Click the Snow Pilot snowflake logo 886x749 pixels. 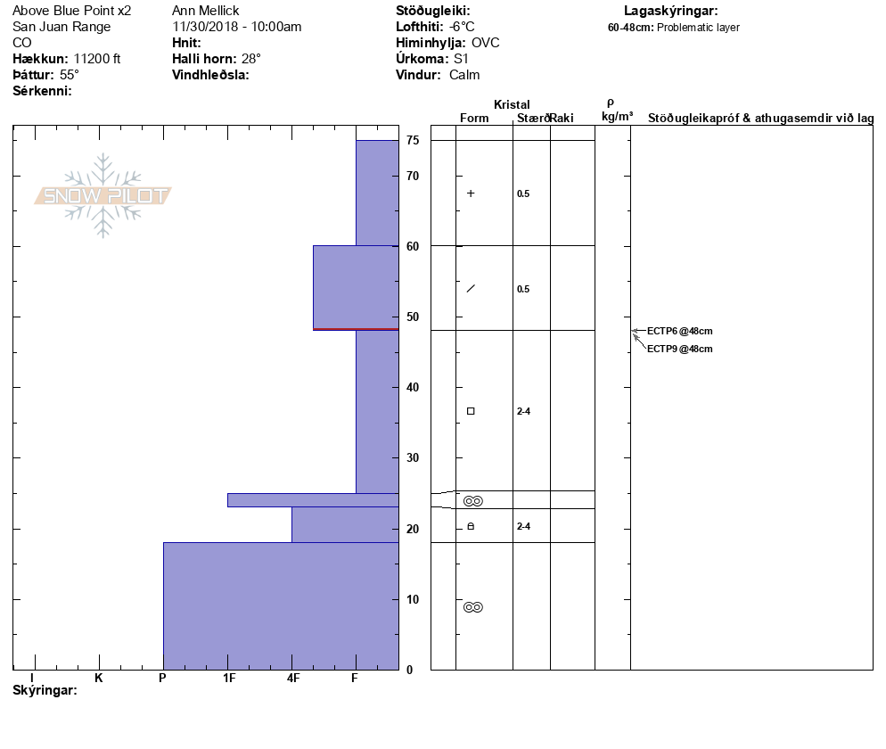pos(103,195)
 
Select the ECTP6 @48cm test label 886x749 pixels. pos(679,332)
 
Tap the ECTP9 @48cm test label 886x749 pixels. pos(679,349)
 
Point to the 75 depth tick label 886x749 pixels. pos(413,140)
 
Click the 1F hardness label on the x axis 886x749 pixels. pos(229,679)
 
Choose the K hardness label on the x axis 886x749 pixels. pos(99,679)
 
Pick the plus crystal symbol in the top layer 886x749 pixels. pos(471,193)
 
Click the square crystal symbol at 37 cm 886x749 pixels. pos(471,411)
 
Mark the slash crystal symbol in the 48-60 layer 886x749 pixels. pos(471,288)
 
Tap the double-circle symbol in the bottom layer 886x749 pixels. pos(472,607)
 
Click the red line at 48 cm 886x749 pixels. pos(356,329)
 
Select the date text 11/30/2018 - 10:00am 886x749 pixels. pos(237,27)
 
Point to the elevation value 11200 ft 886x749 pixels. pos(97,59)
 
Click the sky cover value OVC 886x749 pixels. pos(486,43)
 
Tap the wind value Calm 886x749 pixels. pos(464,75)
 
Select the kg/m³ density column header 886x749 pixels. pos(617,117)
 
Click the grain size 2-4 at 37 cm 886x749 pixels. pos(523,411)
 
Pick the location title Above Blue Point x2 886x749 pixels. pos(71,11)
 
